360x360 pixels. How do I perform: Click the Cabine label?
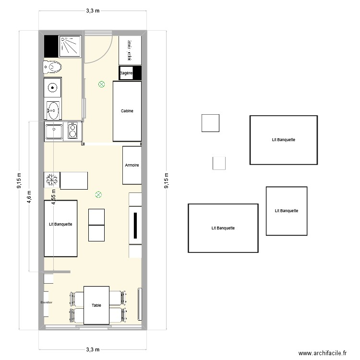(x=127, y=111)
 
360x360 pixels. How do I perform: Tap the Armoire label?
(x=132, y=165)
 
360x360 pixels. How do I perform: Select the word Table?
(x=96, y=305)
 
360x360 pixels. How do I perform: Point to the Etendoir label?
(x=46, y=302)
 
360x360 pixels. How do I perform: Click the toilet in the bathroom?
(x=52, y=67)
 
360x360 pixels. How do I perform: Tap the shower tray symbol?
(x=71, y=46)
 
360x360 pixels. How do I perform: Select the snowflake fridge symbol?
(x=51, y=180)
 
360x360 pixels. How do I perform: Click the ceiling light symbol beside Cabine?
(x=101, y=84)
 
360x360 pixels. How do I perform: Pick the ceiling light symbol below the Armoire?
(x=98, y=194)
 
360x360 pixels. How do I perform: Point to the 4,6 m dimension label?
(x=29, y=197)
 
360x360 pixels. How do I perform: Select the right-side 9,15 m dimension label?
(x=166, y=181)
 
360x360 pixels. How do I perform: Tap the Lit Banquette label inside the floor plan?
(x=60, y=224)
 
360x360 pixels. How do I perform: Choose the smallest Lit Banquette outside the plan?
(x=287, y=211)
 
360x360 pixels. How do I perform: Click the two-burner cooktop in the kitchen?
(x=72, y=131)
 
